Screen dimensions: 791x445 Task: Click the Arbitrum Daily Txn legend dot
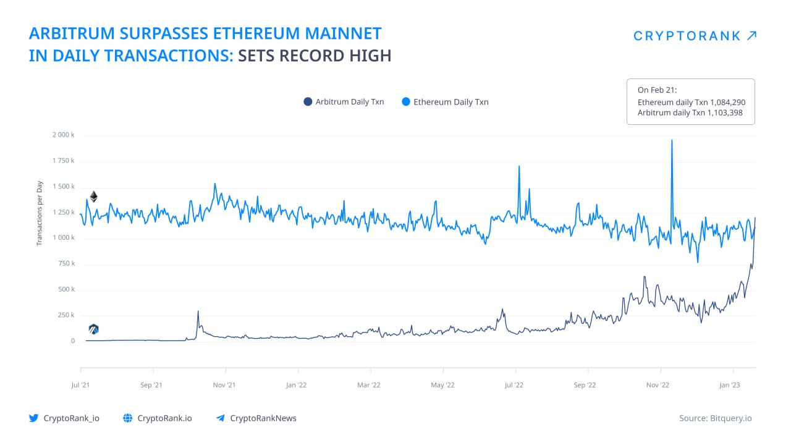point(308,102)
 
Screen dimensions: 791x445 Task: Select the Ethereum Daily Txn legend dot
point(406,102)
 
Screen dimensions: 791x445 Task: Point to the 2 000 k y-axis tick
point(64,135)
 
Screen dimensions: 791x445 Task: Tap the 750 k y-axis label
point(67,263)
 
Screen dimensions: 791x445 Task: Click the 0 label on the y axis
point(73,341)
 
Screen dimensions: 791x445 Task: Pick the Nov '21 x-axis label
point(224,385)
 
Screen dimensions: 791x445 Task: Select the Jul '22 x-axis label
point(514,385)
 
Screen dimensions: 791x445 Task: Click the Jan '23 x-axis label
point(730,385)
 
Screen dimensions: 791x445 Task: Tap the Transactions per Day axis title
point(39,213)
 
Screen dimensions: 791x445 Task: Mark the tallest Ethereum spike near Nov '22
point(672,140)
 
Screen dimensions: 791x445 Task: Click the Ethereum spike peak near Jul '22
point(519,166)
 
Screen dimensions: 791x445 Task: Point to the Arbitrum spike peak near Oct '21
point(198,311)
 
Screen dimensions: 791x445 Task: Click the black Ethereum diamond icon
point(93,197)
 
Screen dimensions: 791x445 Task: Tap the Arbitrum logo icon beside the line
point(93,329)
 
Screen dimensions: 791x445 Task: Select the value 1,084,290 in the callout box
point(728,103)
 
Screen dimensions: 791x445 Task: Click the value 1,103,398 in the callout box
point(725,113)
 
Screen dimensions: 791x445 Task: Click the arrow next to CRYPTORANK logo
point(752,36)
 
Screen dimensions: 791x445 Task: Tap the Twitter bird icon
point(34,418)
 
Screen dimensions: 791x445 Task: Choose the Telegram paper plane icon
point(221,418)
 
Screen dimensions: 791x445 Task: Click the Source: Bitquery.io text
point(716,418)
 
